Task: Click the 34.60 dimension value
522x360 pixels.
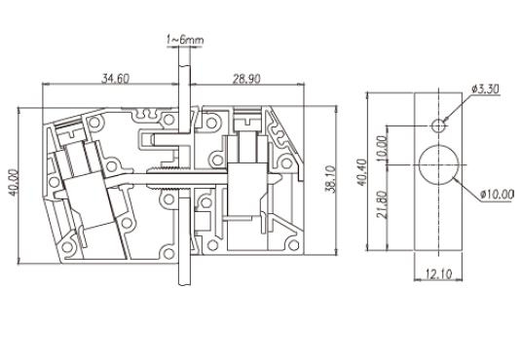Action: coord(115,79)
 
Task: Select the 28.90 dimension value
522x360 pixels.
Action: coord(246,79)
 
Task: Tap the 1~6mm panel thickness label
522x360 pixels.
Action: coord(185,40)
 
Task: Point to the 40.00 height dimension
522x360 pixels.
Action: coord(14,183)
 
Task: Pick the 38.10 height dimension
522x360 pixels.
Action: coord(330,179)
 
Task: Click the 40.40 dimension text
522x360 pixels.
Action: coord(362,171)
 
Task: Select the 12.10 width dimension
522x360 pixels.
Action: coord(438,274)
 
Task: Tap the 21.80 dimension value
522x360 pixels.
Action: coord(382,204)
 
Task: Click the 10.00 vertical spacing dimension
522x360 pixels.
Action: coord(382,148)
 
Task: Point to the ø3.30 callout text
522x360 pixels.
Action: coord(485,89)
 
